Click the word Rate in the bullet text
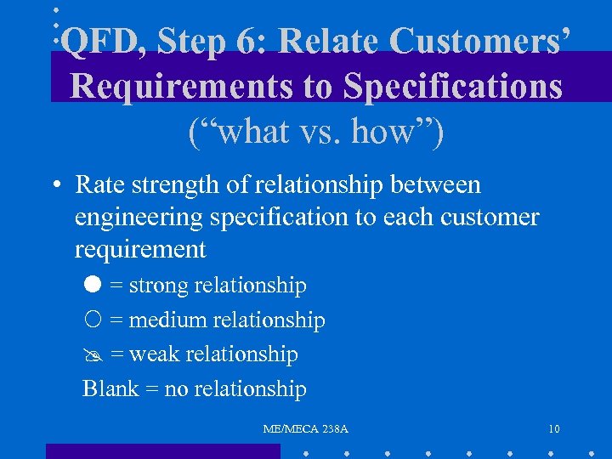pos(99,184)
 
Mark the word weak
pos(154,354)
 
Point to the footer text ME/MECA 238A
pos(306,430)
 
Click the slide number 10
pos(554,430)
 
